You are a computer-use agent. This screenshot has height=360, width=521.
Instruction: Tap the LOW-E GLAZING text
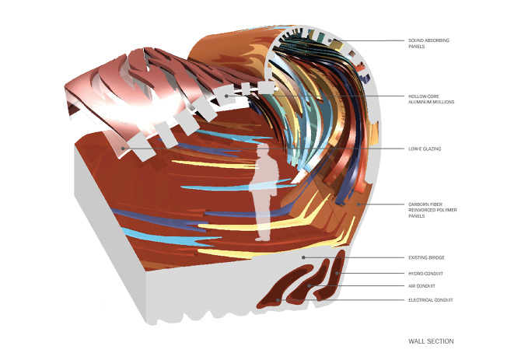(425, 149)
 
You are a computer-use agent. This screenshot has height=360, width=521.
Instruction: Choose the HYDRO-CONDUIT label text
(427, 273)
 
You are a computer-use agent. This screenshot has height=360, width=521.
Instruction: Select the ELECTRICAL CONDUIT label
(431, 299)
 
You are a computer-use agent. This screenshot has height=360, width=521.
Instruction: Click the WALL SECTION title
(431, 341)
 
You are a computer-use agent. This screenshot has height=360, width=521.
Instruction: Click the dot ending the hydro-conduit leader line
(337, 273)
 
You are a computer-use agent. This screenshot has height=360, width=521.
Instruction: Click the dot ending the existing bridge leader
(305, 257)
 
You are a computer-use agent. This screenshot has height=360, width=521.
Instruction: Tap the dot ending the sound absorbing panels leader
(330, 40)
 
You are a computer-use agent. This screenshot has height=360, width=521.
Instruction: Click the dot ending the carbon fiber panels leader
(358, 204)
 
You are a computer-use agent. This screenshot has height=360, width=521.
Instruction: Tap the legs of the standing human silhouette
(263, 222)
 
